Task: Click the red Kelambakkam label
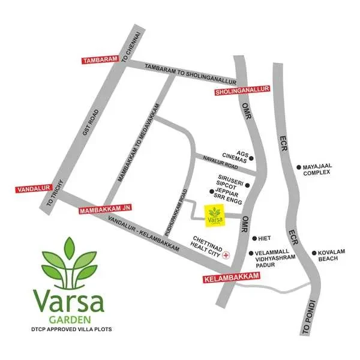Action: coord(232,275)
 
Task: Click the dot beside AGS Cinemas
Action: coord(252,158)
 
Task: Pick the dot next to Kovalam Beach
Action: coord(314,253)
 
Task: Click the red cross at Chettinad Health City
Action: coord(226,255)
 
